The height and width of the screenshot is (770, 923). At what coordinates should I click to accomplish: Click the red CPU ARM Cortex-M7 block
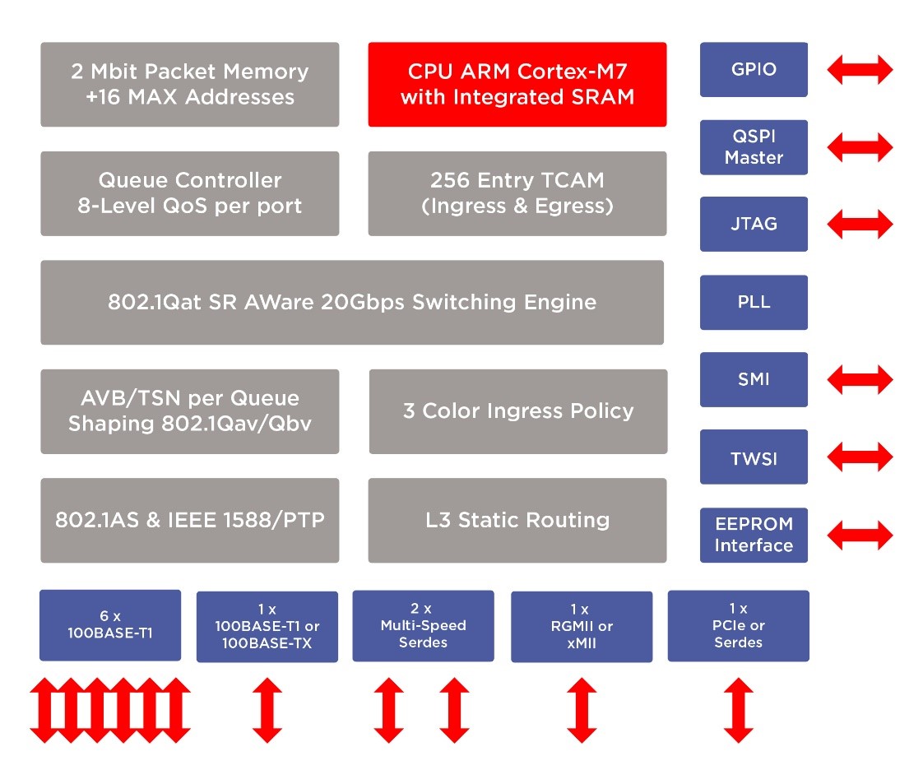click(517, 84)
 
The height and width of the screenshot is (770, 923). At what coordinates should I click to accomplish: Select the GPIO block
click(754, 69)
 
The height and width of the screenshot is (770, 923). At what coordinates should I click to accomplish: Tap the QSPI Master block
click(754, 147)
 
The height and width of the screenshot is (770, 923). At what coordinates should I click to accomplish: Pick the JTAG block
click(754, 224)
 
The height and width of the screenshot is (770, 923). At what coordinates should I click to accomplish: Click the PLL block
click(754, 302)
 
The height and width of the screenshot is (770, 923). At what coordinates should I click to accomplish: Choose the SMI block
click(754, 379)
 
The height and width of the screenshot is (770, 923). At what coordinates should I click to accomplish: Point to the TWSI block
click(754, 457)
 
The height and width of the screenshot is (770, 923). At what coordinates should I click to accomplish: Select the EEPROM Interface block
click(754, 535)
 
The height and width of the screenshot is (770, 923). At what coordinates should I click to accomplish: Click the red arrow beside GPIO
click(860, 69)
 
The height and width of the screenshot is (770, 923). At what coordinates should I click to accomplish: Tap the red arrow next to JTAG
click(860, 224)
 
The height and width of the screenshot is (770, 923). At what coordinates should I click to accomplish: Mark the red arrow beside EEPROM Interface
click(860, 535)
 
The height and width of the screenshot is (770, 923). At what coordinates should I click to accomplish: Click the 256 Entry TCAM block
click(517, 193)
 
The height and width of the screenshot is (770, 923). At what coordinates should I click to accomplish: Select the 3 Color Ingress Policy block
click(518, 411)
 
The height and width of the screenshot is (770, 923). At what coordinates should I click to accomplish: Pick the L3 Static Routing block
click(517, 521)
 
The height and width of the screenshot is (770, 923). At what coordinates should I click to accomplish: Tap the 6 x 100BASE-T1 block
click(110, 625)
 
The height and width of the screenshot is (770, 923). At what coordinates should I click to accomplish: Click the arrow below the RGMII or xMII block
click(582, 710)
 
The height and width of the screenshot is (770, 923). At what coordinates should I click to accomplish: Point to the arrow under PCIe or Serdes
click(739, 710)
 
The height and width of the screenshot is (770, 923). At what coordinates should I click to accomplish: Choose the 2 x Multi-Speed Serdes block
click(423, 626)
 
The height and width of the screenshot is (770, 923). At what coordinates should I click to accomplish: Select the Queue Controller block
click(189, 193)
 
